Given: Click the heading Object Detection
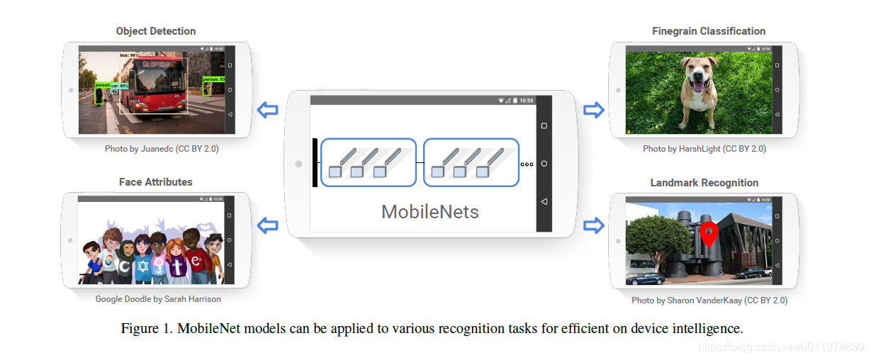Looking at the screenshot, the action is [x=156, y=31].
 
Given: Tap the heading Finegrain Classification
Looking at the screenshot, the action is [x=709, y=31].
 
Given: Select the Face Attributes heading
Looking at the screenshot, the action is [x=155, y=182].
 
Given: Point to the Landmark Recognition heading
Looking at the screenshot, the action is [x=704, y=183].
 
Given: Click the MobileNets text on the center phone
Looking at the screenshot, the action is [x=429, y=211].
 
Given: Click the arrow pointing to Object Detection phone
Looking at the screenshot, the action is [x=267, y=110].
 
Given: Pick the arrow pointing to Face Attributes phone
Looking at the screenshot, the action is [x=267, y=225].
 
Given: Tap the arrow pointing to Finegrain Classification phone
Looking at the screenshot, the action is [x=593, y=110].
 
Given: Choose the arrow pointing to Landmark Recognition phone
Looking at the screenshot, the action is [x=593, y=225].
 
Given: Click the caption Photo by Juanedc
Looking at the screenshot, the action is [x=157, y=149].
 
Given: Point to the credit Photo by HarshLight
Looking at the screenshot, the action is [x=704, y=149].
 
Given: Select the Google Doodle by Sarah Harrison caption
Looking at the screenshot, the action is [x=158, y=299].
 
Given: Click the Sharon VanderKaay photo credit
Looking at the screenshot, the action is [x=709, y=300].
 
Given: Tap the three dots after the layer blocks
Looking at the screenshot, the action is [x=527, y=164].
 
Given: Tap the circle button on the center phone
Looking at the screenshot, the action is [x=544, y=164].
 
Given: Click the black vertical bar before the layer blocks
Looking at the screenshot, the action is [x=315, y=163].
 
